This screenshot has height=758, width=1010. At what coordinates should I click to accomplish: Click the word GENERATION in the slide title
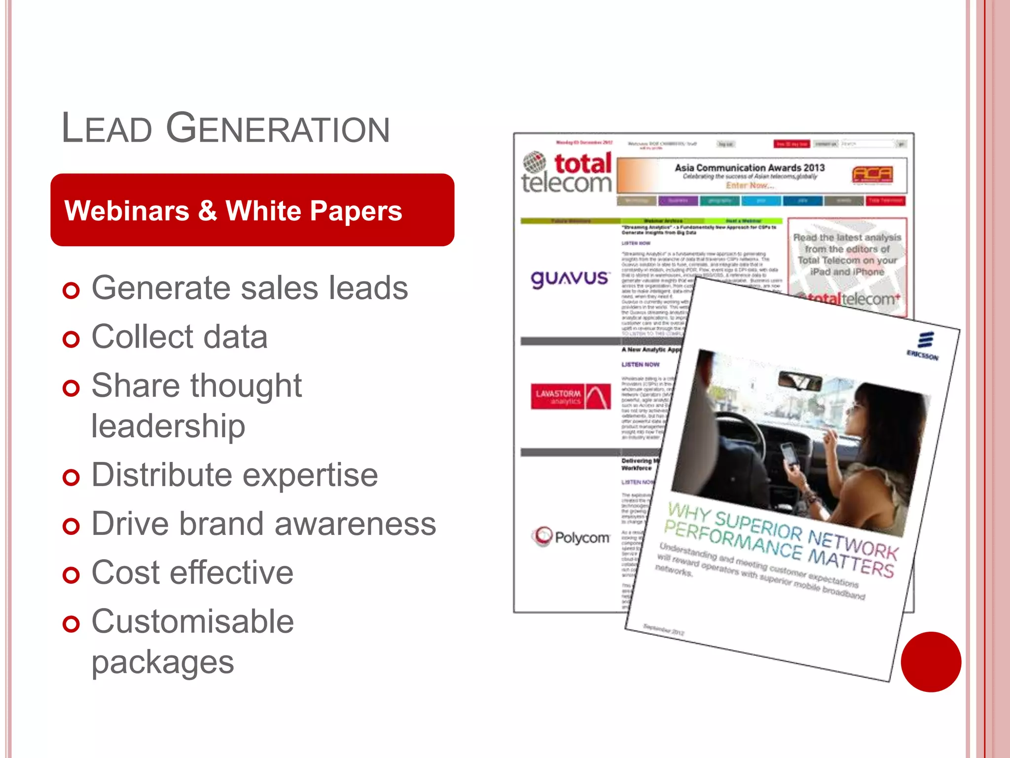point(278,128)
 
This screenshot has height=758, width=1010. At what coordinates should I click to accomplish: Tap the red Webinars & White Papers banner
point(252,210)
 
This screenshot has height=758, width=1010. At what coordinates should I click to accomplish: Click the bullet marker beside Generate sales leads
point(71,290)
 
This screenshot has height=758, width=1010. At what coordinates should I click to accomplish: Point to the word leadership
point(168,426)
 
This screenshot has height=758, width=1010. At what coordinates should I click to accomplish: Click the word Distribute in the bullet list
point(162,475)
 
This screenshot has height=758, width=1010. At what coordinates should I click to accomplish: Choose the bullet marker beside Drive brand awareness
point(71,526)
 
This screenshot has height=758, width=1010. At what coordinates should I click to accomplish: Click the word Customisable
point(192,621)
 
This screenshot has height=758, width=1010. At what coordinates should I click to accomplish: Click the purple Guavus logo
point(570,278)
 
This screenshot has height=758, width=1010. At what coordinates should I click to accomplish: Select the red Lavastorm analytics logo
point(571,396)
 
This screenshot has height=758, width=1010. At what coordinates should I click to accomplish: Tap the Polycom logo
point(571,536)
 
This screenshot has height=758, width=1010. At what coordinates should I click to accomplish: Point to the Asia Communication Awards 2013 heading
point(750,168)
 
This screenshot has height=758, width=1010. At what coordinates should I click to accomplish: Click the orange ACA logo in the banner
point(872,174)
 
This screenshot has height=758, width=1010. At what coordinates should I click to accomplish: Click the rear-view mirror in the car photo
point(799,381)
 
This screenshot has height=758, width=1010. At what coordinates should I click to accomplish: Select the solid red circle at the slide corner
point(931,662)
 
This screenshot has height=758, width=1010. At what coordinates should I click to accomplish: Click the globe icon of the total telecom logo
point(535,162)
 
